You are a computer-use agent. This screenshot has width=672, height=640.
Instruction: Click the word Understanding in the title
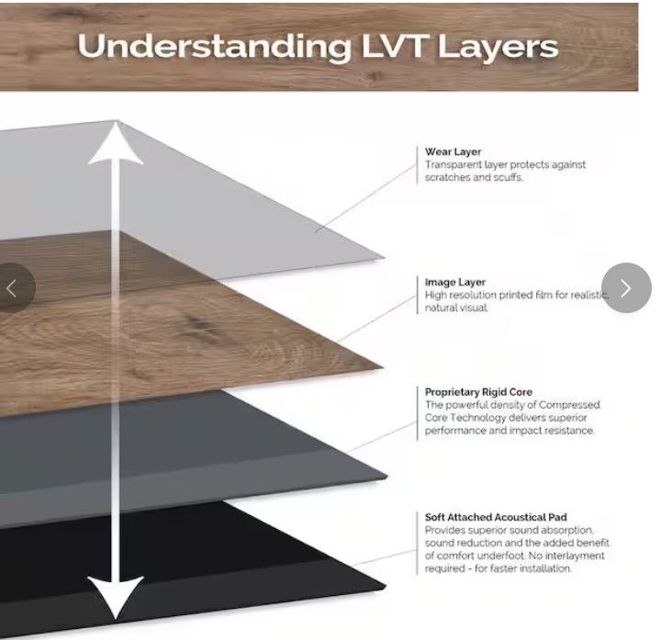click(215, 47)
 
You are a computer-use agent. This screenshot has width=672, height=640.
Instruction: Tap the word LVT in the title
click(396, 46)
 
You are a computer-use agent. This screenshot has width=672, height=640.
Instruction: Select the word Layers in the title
click(498, 48)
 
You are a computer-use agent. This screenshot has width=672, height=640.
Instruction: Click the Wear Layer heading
click(453, 152)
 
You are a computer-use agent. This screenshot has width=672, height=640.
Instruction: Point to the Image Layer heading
click(455, 283)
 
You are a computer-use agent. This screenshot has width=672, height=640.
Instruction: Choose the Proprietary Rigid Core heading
click(478, 392)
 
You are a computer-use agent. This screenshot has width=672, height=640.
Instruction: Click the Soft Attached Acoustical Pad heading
click(496, 517)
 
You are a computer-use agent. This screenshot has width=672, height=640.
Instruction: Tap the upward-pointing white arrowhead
click(116, 142)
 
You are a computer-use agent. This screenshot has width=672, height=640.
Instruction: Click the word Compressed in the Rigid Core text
click(569, 405)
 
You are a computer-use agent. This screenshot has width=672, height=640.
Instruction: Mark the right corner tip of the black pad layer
click(386, 586)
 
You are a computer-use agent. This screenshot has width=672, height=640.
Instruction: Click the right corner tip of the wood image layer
click(382, 367)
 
